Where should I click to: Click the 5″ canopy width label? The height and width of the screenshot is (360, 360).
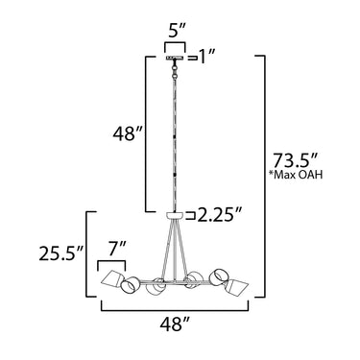click(x=175, y=33)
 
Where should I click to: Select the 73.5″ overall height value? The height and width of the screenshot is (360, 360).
click(x=295, y=160)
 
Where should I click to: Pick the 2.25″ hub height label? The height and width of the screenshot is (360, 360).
click(x=219, y=215)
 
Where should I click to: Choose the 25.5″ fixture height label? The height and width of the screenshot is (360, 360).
click(x=61, y=253)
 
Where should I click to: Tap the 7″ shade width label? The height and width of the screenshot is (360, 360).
click(x=116, y=249)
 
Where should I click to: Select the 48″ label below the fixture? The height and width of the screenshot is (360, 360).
click(x=175, y=324)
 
